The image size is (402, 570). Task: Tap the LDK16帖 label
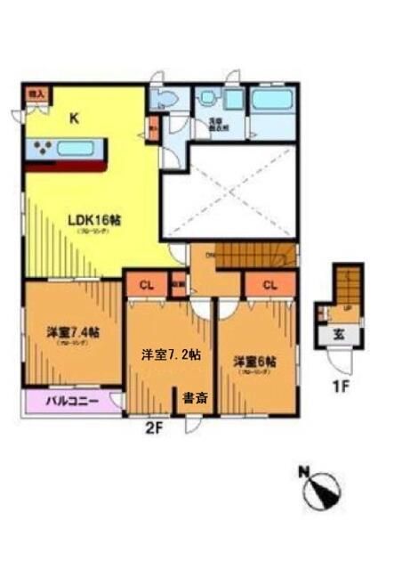coord(92,219)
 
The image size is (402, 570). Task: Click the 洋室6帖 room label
coord(255,362)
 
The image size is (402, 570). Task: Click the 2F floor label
coord(156,427)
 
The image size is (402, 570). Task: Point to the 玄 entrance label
coord(342,335)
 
